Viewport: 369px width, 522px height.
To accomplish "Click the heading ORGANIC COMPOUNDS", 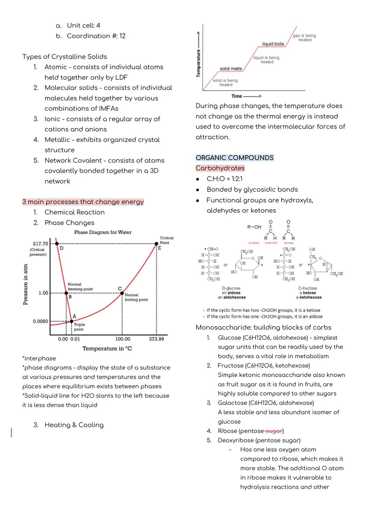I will tap(234, 158).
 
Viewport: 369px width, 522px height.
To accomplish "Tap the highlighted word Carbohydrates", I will tap(220, 168).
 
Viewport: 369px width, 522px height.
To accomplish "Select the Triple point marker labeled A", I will tap(71, 321).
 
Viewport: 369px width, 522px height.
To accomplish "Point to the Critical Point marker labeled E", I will tap(156, 244).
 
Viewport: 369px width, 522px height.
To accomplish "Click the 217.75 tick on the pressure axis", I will tap(40, 244).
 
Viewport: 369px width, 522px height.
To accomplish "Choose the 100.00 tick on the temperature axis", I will tap(123, 339).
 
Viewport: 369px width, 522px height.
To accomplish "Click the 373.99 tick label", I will tap(156, 339).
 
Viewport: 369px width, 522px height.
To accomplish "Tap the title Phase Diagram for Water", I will tap(102, 232).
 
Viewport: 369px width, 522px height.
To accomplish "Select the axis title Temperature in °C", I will tap(107, 348).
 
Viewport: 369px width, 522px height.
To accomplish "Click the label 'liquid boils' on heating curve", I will tap(273, 44).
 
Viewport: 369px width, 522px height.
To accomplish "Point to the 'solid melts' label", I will tap(231, 69).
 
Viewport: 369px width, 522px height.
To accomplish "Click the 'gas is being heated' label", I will tap(304, 38).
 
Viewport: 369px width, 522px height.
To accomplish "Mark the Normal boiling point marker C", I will tap(122, 293).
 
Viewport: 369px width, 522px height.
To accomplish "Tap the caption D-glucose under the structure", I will tap(231, 288).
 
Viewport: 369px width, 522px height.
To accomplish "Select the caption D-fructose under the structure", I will tap(307, 288).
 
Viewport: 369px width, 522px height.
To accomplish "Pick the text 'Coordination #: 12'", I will tap(96, 36).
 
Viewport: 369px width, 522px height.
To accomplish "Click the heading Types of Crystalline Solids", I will tap(65, 57).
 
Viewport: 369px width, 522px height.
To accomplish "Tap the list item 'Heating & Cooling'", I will tap(74, 425).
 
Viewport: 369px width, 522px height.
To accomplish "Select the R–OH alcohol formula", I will tap(254, 227).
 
